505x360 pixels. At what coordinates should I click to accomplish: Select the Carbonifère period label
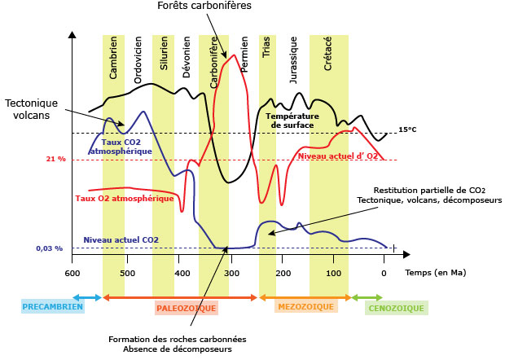(x=213, y=66)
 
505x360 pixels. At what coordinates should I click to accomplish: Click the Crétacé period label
(x=327, y=55)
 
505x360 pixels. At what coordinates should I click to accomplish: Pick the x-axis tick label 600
(x=72, y=272)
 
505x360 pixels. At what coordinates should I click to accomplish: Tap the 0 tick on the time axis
(x=384, y=272)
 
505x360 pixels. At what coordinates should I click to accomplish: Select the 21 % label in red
(x=56, y=160)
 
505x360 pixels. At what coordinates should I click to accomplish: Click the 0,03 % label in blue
(x=49, y=248)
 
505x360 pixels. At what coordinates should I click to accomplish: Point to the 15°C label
(x=407, y=130)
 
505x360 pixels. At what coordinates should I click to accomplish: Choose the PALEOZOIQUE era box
(x=187, y=309)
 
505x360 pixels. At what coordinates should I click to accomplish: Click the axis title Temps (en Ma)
(x=436, y=272)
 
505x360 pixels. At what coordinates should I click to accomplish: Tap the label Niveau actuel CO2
(x=121, y=239)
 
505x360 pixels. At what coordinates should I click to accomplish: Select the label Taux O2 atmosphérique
(x=125, y=197)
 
